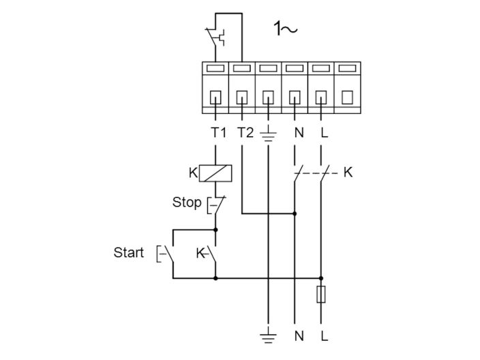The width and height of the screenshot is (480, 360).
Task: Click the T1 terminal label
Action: tap(217, 132)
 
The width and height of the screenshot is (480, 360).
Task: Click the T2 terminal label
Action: tap(245, 132)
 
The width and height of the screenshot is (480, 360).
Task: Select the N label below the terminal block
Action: tap(299, 132)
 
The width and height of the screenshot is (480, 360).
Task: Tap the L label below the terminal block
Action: tap(324, 132)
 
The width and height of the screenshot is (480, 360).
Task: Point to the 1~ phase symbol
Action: tap(286, 29)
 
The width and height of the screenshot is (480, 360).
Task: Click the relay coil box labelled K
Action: tap(215, 173)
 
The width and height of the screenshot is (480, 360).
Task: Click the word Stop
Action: tap(186, 202)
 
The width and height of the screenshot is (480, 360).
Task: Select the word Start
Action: tap(129, 253)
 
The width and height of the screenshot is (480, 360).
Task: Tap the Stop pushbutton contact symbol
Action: tap(217, 204)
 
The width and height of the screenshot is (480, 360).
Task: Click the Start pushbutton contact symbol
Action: tap(168, 254)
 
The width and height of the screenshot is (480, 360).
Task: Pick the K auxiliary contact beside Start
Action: tap(210, 254)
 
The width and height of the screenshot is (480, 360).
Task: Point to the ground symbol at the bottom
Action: tap(269, 334)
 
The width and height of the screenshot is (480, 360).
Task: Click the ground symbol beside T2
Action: tap(269, 133)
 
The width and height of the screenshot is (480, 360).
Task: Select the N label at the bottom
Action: tap(299, 335)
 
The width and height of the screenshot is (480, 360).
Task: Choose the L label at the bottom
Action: tap(324, 335)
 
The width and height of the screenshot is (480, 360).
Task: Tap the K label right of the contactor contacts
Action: tap(348, 173)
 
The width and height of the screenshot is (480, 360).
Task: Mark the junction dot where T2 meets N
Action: tap(295, 213)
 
